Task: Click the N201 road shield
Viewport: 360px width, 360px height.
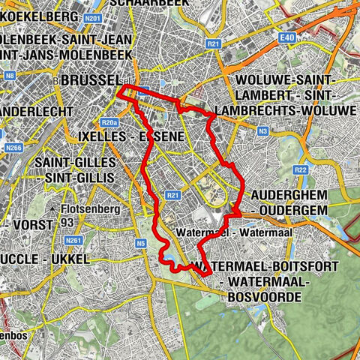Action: (x=93, y=18)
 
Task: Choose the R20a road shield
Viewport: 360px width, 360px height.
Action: (x=109, y=121)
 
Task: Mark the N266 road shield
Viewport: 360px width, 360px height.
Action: (x=13, y=148)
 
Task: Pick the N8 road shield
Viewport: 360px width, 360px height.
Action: (x=10, y=75)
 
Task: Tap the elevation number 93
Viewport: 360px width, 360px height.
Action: (x=67, y=223)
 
